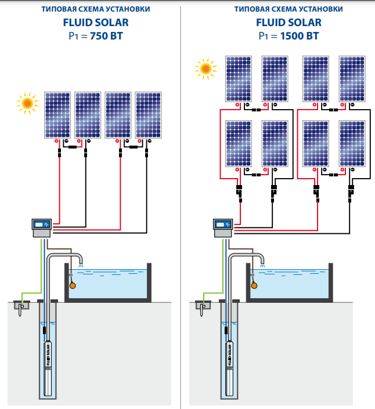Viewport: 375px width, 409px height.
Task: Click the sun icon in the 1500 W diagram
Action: tap(205, 68)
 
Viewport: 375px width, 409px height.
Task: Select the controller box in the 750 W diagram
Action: tap(42, 226)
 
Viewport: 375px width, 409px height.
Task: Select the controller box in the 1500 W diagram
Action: tap(222, 226)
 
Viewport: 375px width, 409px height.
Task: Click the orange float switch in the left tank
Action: tap(73, 285)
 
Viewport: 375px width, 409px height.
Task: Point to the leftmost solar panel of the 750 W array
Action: tap(57, 114)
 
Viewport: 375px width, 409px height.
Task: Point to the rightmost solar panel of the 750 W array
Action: tap(148, 114)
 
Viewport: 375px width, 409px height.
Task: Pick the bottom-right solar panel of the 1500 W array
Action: tap(352, 143)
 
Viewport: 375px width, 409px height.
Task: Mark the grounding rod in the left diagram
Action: tap(21, 307)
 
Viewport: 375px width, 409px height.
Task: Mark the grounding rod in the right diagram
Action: tap(203, 307)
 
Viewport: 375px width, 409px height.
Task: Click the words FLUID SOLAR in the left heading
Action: tap(95, 23)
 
